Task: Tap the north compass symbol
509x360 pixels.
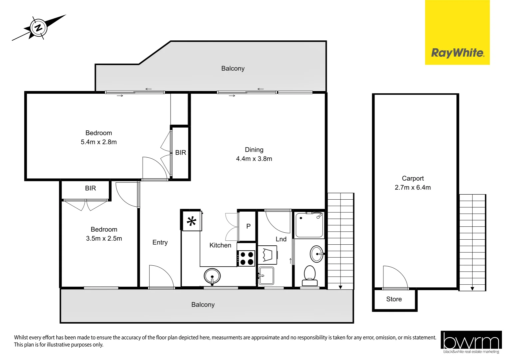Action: coord(39,28)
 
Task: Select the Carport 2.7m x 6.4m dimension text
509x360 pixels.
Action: coord(412,187)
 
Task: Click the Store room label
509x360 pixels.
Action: coord(394,299)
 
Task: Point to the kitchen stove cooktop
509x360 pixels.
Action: coord(246,258)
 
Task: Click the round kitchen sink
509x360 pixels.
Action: coord(212,276)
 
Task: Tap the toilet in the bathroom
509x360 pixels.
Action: coord(310,275)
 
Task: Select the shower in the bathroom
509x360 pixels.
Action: coord(309,225)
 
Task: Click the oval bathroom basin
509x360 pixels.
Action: coord(316,254)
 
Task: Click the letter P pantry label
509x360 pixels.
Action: coord(248,226)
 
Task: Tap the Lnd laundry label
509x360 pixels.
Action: coord(281,239)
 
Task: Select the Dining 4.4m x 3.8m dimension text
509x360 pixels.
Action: coord(254,159)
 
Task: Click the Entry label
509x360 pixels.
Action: coord(160,242)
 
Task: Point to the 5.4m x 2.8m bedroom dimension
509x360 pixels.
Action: coord(99,142)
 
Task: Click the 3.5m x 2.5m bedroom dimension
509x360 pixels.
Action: coord(104,238)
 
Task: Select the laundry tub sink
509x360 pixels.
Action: coord(266,276)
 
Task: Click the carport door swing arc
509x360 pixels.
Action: coord(395,277)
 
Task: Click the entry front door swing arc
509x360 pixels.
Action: coord(162,276)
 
